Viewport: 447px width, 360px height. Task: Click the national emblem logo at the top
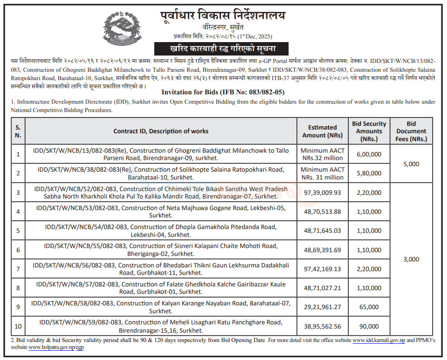pos(123,27)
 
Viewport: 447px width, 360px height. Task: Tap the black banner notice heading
pos(221,49)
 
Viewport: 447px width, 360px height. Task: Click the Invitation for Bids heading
pos(223,92)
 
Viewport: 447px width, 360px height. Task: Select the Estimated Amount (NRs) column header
pos(322,131)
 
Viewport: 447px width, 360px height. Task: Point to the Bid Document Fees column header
pos(411,131)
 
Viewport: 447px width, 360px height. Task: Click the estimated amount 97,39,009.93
pos(322,192)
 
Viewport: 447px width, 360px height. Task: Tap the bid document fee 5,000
pos(411,164)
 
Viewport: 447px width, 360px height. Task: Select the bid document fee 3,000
pos(411,259)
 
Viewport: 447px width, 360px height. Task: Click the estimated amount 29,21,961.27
pos(322,307)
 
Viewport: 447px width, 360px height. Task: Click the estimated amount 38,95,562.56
pos(322,326)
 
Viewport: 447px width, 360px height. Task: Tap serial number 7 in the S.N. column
pos(18,268)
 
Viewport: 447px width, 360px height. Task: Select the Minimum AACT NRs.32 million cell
pos(322,154)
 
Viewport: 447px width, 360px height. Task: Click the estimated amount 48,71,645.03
pos(322,230)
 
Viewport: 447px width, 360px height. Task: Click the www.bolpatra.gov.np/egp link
pos(56,347)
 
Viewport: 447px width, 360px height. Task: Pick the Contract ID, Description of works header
pos(161,131)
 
